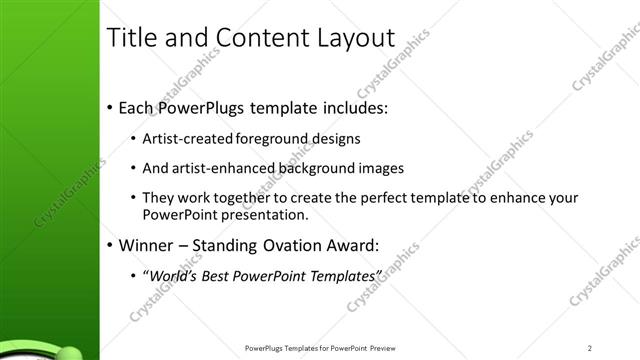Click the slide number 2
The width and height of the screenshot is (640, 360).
pos(591,348)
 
